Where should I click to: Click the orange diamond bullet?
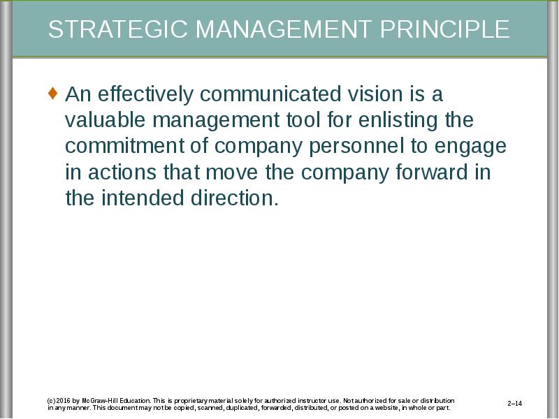pyautogui.click(x=52, y=94)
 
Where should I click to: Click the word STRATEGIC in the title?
pyautogui.click(x=117, y=29)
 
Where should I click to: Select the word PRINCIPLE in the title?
pyautogui.click(x=444, y=29)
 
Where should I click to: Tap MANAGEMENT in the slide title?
pyautogui.click(x=284, y=29)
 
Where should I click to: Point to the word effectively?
pyautogui.click(x=145, y=94)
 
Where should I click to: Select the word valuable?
pyautogui.click(x=106, y=119)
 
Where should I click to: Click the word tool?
pyautogui.click(x=303, y=119)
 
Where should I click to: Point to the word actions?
pyautogui.click(x=122, y=172)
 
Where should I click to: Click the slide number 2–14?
pyautogui.click(x=515, y=404)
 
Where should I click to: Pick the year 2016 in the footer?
pyautogui.click(x=62, y=401)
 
